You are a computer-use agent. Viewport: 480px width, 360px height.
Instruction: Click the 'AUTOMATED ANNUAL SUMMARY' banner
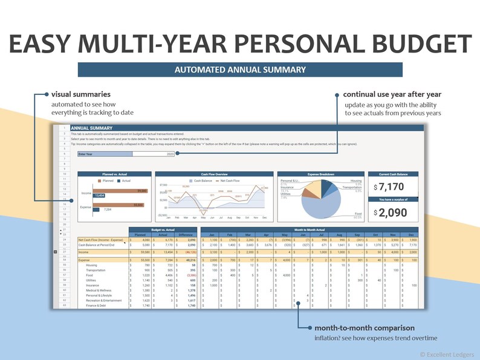point(240,69)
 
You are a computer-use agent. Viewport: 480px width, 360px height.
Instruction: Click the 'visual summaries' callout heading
point(81,94)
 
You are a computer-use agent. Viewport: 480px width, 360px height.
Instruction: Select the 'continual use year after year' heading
point(392,94)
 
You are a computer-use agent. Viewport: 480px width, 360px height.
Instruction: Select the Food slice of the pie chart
point(326,205)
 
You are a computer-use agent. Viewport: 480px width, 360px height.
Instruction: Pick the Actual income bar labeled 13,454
point(99,196)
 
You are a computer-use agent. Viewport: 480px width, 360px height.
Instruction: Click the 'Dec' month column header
point(411,234)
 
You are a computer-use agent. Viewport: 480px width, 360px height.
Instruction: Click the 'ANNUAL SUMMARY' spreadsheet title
point(92,128)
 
